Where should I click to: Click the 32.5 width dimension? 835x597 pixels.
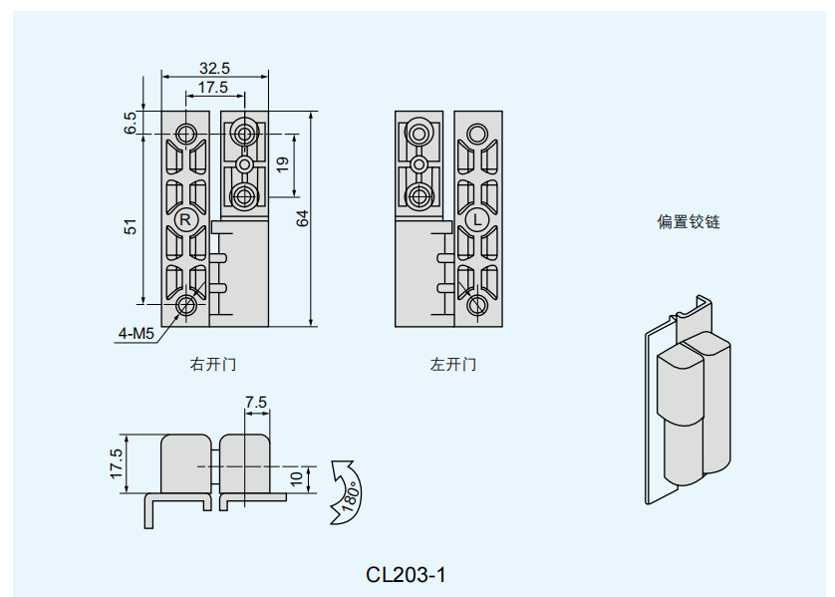pos(214,68)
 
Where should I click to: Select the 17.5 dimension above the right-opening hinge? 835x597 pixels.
pos(212,88)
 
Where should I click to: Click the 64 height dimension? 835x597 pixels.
pos(302,218)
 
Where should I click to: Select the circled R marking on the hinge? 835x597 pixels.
pos(185,217)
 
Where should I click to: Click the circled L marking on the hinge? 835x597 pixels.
pos(477,218)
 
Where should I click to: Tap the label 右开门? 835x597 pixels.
pos(213,365)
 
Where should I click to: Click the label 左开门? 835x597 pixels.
pos(452,365)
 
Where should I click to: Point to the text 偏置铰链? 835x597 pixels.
pos(688,222)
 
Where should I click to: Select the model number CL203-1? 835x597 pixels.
pos(406,575)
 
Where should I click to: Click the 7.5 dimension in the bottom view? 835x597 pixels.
pos(256,403)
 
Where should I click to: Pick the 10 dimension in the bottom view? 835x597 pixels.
pos(296,478)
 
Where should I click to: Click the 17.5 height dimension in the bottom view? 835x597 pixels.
pos(117,463)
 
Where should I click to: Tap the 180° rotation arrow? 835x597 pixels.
pos(348,491)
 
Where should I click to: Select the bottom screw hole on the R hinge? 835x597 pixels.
pos(186,304)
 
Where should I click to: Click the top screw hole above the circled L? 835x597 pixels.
pos(477,133)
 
